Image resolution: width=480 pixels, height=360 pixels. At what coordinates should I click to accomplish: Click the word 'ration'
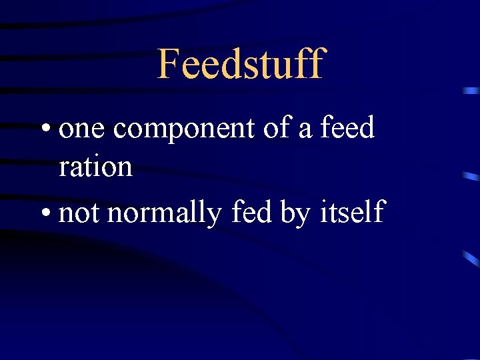tap(95, 167)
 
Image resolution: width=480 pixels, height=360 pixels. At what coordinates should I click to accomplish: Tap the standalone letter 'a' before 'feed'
tap(306, 129)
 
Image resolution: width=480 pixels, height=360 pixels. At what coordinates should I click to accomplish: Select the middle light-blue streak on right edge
tap(471, 177)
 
